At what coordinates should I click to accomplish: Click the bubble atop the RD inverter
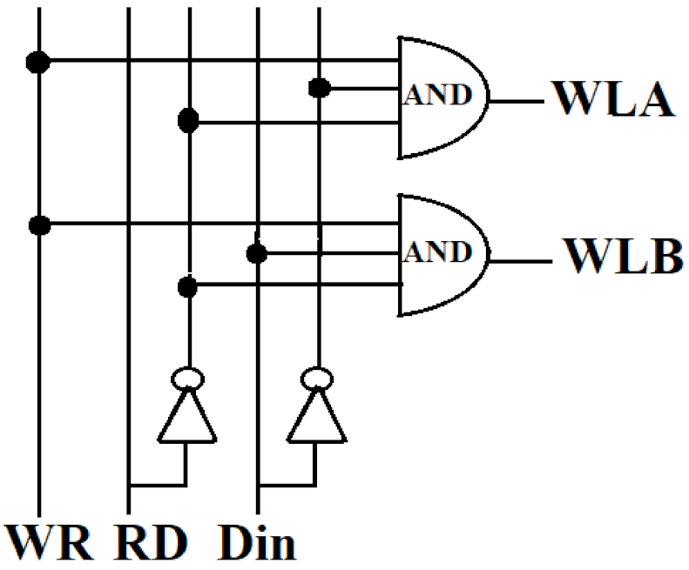pyautogui.click(x=186, y=378)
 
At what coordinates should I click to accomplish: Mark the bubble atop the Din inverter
pyautogui.click(x=316, y=378)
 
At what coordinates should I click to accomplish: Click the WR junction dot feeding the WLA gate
pyautogui.click(x=37, y=62)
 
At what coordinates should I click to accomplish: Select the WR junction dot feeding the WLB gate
pyautogui.click(x=37, y=225)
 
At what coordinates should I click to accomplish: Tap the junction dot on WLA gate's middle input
pyautogui.click(x=319, y=88)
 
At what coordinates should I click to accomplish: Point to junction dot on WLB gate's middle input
pyautogui.click(x=256, y=253)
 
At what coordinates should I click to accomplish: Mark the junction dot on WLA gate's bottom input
pyautogui.click(x=186, y=121)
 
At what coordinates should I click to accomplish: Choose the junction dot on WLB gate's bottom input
pyautogui.click(x=186, y=285)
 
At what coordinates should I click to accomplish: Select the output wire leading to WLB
pyautogui.click(x=520, y=258)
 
